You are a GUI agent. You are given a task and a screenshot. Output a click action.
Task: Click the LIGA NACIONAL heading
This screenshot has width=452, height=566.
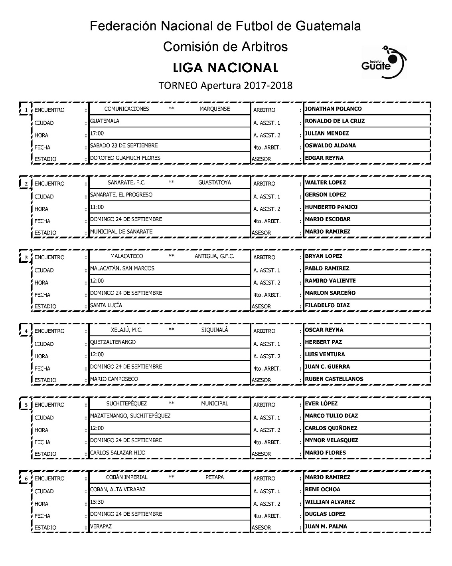tap(225, 68)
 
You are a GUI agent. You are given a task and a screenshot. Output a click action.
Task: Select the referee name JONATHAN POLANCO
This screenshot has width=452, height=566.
tap(333, 109)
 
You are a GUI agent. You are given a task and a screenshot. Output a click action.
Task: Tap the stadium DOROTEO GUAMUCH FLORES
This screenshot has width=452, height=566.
tap(125, 158)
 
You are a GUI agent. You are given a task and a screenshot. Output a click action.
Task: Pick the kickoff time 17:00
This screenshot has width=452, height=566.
tap(97, 133)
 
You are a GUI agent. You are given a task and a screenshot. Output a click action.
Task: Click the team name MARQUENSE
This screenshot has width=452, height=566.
tap(215, 109)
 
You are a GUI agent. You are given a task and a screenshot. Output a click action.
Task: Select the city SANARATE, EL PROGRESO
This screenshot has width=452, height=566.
tap(121, 195)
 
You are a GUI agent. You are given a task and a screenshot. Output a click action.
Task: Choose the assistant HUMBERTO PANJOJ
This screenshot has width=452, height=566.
tap(331, 207)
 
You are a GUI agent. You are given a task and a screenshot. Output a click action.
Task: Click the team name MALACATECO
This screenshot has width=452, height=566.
tap(126, 256)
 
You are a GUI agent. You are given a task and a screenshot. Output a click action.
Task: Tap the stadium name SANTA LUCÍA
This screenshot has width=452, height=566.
tap(106, 306)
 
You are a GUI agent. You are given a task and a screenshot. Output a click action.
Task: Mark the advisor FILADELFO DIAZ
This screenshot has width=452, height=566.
tap(327, 306)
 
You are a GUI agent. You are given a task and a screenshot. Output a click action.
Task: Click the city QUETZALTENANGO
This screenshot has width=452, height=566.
tap(113, 342)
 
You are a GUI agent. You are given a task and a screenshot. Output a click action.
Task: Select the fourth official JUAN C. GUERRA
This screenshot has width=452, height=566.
tap(327, 367)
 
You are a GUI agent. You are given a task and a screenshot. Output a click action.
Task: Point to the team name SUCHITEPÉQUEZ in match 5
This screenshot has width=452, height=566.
tap(126, 404)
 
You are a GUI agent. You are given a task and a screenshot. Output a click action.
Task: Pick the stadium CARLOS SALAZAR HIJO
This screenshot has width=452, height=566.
tap(118, 453)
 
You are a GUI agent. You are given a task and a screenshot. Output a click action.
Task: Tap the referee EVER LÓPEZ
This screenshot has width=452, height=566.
tap(321, 404)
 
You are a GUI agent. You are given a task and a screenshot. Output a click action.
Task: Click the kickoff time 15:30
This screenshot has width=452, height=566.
tap(97, 502)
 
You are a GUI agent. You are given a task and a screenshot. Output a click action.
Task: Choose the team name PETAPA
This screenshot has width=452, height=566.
tap(214, 477)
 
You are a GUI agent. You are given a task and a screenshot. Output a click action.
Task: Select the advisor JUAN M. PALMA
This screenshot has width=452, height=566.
tap(326, 526)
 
